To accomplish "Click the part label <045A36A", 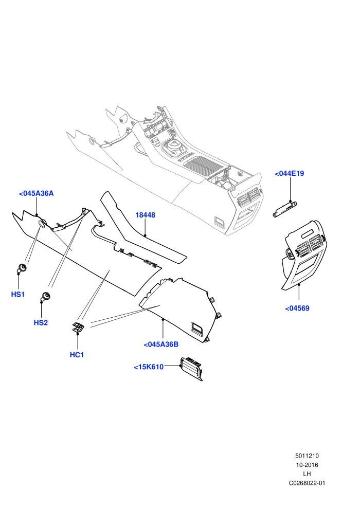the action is [x=37, y=193].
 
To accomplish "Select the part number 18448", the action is [x=145, y=215].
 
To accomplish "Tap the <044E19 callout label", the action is [x=289, y=173].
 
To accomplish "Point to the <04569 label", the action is [x=297, y=308].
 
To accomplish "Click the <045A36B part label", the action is [x=161, y=344].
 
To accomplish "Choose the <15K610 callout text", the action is [x=149, y=367].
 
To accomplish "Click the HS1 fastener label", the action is [x=18, y=295].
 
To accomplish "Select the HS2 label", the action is [x=41, y=323].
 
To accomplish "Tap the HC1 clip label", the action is [x=77, y=355].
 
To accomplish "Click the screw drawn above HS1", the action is [x=22, y=268].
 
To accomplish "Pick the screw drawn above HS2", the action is [x=45, y=296].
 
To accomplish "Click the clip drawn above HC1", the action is [x=78, y=327].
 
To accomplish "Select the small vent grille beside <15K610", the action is [x=191, y=369].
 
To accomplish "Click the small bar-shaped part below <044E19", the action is [x=285, y=209].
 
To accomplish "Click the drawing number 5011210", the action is [x=307, y=456].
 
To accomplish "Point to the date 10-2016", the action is [x=307, y=465].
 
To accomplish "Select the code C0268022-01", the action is [x=307, y=483].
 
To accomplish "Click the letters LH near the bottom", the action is [x=307, y=474].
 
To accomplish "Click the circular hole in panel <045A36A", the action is [x=42, y=223].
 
